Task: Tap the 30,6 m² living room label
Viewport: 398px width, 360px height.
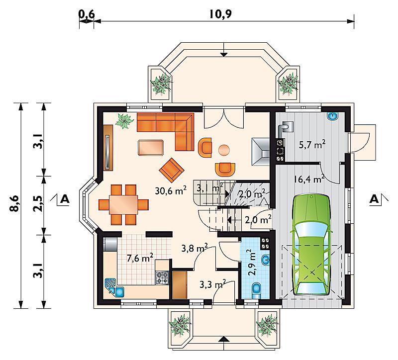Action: [x=171, y=190]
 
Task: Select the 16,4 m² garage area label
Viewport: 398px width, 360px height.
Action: [x=309, y=179]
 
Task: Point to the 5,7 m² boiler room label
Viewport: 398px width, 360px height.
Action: [x=312, y=145]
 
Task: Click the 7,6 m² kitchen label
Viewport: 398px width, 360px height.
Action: [x=140, y=258]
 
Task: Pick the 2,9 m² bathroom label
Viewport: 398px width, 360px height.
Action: [x=252, y=263]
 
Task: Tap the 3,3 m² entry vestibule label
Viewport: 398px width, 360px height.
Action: [x=213, y=284]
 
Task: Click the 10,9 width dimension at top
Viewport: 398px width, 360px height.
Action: [x=220, y=14]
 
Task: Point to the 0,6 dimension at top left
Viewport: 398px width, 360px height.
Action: [x=86, y=14]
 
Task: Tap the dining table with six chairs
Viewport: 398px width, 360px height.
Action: [x=123, y=205]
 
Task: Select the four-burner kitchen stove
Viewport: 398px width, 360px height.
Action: [x=162, y=277]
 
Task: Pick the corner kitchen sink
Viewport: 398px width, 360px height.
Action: [x=114, y=287]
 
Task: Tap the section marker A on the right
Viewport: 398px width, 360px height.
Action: [x=374, y=199]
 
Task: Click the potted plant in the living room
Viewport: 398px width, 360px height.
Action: [x=124, y=121]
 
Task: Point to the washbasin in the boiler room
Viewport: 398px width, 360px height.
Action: [x=333, y=116]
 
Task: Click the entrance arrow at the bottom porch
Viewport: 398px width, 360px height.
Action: [x=223, y=339]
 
